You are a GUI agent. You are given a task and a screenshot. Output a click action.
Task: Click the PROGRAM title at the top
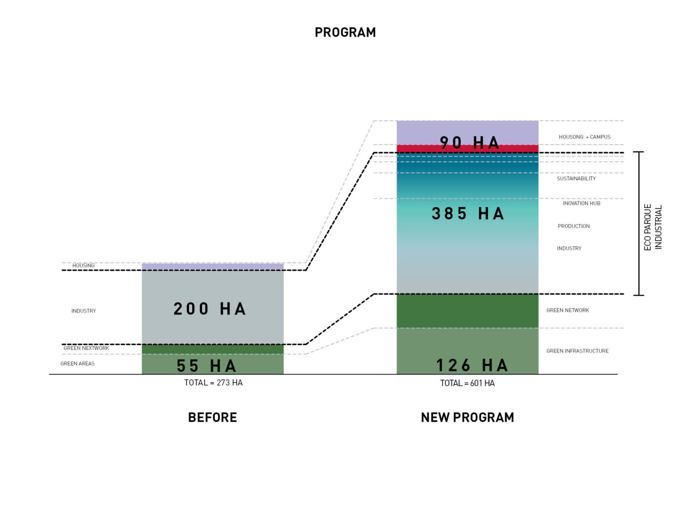pos(345,32)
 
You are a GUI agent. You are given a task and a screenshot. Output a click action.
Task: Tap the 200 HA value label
pos(209,308)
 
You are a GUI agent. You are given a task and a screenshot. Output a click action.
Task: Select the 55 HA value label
pos(206,366)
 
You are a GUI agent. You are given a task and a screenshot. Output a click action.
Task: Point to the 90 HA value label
pos(469,143)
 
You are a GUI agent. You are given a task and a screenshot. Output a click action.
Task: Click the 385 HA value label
pos(468,214)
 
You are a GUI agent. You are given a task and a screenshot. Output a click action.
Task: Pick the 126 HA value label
pos(472,365)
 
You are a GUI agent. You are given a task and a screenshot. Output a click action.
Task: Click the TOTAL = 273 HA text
pos(213,383)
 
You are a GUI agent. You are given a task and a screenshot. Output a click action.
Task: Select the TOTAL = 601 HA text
pos(467,383)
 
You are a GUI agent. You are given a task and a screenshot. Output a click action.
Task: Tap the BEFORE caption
pos(212,417)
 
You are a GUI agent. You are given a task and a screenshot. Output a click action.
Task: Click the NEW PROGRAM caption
pos(467,417)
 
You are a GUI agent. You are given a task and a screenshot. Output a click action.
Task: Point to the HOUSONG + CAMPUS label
pos(584,137)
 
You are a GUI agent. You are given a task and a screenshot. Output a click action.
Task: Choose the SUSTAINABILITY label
pos(576,179)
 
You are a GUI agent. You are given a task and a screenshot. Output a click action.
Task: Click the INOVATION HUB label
pos(581,203)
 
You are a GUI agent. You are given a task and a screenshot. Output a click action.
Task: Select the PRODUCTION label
pos(574,226)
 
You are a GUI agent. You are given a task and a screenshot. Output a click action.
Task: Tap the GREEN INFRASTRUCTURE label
pos(577,351)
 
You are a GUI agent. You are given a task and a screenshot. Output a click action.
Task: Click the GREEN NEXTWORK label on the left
pos(86,348)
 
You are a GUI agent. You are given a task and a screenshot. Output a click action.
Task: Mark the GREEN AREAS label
pos(77,364)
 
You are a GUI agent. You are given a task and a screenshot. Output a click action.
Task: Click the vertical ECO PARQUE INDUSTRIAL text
pos(653,227)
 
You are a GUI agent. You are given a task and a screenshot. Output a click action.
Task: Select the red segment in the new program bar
pos(467,148)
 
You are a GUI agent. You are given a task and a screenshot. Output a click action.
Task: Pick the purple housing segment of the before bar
pos(212,266)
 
